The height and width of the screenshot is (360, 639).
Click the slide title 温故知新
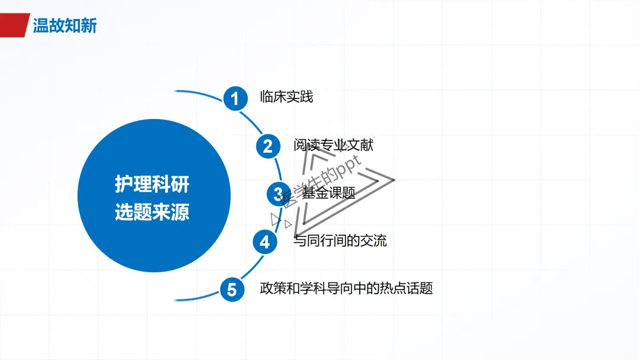[64, 25]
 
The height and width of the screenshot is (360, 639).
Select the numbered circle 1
[235, 98]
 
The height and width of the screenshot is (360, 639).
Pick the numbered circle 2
[267, 146]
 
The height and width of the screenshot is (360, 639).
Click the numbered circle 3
[277, 193]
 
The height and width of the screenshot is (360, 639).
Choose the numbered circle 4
[264, 242]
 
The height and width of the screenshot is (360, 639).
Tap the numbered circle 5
[232, 290]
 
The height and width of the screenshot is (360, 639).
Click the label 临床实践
[286, 97]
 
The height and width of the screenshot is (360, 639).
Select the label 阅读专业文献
[333, 145]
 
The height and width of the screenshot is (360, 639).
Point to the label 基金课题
[328, 192]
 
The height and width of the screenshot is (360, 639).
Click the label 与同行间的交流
[340, 241]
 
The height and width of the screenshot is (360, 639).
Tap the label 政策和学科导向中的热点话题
[346, 289]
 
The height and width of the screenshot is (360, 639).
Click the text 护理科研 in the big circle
[152, 184]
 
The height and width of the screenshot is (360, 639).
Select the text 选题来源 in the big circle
[152, 213]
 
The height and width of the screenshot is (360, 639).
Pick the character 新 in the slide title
[88, 25]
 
